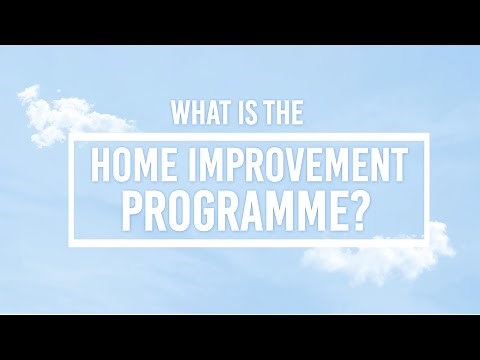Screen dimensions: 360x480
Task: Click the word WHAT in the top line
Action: [x=198, y=113]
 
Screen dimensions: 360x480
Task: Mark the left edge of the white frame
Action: [x=72, y=190]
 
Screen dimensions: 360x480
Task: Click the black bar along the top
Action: [x=240, y=21]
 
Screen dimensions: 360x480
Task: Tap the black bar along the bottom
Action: [x=240, y=337]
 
